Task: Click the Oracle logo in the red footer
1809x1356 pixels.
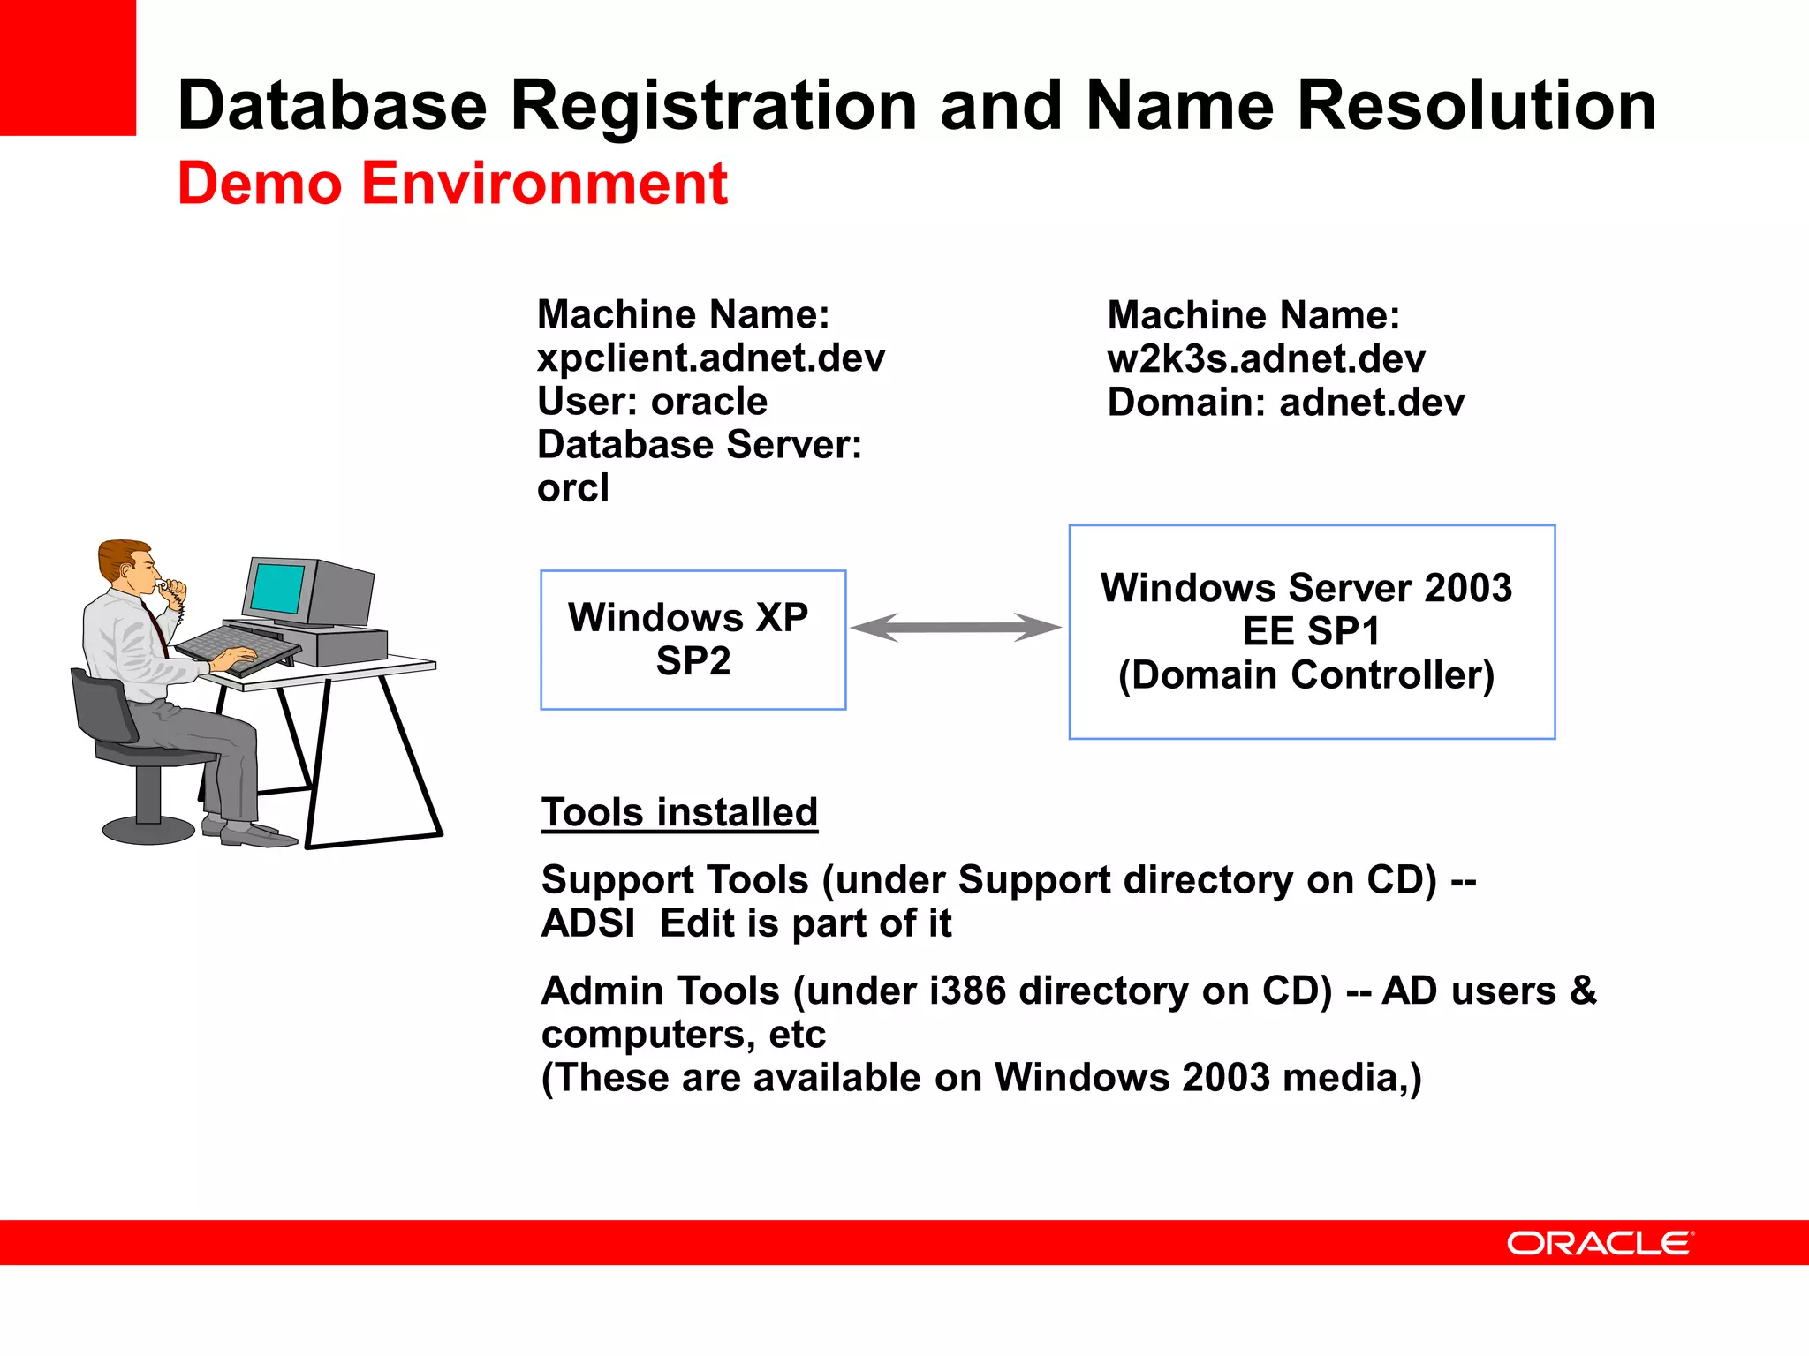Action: tap(1600, 1243)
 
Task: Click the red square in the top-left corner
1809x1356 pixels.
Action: tap(67, 67)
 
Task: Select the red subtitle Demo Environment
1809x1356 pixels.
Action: tap(452, 184)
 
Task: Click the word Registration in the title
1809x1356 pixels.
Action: tap(714, 106)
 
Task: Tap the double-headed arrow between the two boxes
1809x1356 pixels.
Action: tap(956, 628)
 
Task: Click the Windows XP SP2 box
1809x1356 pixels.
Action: tap(693, 640)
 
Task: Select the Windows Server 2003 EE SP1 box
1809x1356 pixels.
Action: tap(1311, 632)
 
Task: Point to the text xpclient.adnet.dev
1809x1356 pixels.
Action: tap(710, 358)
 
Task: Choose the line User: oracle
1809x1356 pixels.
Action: tap(652, 402)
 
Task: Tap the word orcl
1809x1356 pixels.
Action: tap(572, 488)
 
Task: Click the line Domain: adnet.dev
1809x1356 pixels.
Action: tap(1285, 403)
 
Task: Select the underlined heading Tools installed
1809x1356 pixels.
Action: tap(679, 812)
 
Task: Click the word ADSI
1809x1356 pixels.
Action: tap(588, 923)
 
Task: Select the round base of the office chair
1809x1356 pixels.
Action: tap(148, 830)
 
